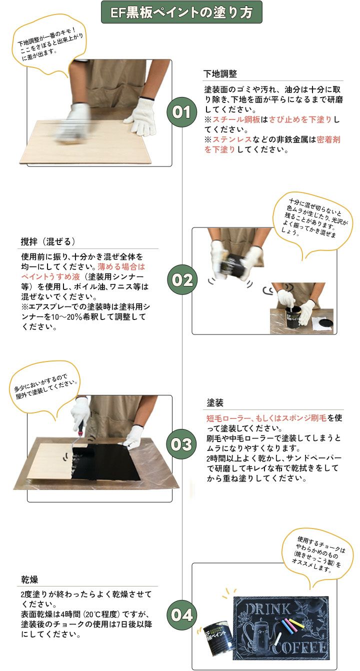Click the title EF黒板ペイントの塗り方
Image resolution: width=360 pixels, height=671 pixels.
point(181,12)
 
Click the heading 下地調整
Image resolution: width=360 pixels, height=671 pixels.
point(220,74)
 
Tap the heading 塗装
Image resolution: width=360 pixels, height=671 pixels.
point(215,403)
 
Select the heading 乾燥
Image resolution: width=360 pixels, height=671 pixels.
point(29,579)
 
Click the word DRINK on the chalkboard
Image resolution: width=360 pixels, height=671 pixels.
point(267,608)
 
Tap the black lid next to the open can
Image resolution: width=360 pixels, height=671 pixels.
point(324,324)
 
